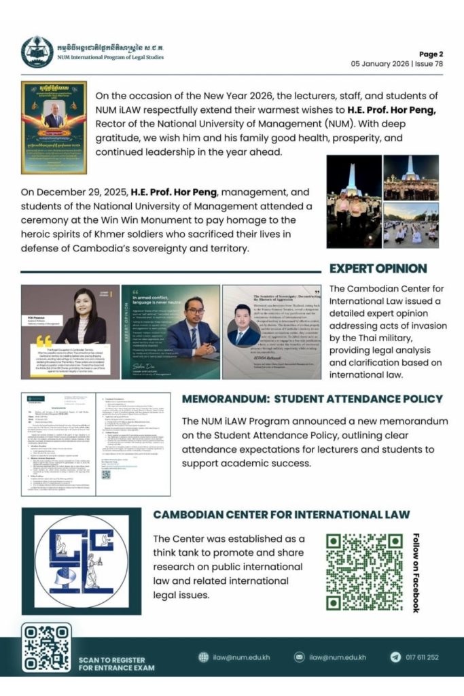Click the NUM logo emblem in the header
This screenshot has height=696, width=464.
coord(37,52)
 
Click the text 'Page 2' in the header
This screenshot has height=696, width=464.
coord(431,54)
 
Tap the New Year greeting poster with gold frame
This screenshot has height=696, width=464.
coord(54,127)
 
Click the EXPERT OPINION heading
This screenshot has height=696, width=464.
coord(378,268)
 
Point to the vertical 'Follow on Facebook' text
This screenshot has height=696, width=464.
coord(416,572)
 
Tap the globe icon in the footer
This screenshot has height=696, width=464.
coord(203,657)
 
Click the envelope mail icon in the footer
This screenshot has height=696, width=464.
coord(299,657)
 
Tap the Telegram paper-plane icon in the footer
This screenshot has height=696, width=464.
coord(395,657)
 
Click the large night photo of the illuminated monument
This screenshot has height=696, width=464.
coord(353,202)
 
